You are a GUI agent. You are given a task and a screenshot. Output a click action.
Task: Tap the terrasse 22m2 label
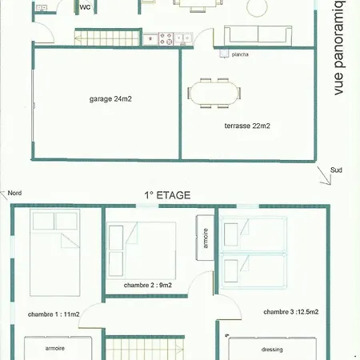pyautogui.click(x=247, y=126)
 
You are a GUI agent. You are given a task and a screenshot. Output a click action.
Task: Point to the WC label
pyautogui.click(x=85, y=7)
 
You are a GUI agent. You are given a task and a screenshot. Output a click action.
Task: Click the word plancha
pyautogui.click(x=239, y=54)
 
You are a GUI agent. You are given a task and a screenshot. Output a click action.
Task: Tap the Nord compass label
pyautogui.click(x=14, y=193)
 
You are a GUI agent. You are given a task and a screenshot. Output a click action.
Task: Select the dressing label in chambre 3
pyautogui.click(x=272, y=350)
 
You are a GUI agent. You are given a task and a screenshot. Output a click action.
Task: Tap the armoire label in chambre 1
pyautogui.click(x=55, y=349)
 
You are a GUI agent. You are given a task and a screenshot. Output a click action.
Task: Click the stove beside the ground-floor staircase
pyautogui.click(x=167, y=37)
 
